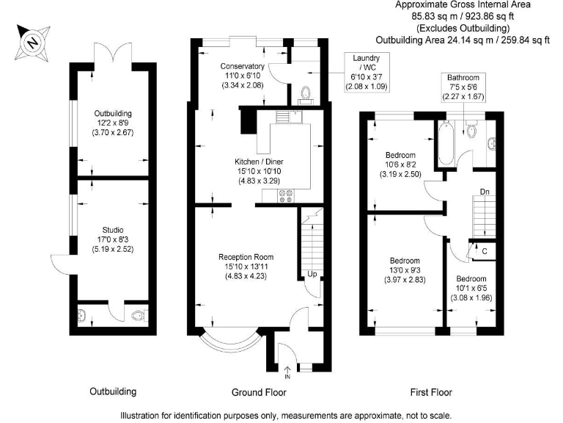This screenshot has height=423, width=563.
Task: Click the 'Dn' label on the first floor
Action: point(485,192)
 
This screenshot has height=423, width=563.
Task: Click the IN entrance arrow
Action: point(287,372)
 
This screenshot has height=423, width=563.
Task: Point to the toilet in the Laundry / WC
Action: point(306,94)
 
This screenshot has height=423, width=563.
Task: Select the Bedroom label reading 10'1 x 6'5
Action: point(471,289)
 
